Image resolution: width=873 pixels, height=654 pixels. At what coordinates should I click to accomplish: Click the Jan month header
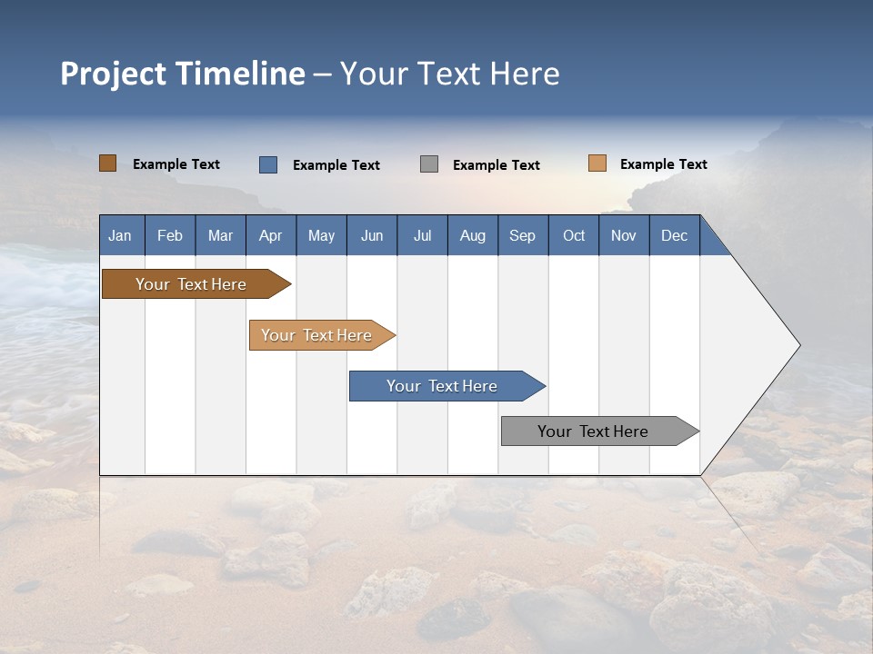pos(120,235)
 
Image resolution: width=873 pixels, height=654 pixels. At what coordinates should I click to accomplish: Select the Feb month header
pos(170,235)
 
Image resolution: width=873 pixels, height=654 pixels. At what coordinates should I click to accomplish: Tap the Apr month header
pos(270,235)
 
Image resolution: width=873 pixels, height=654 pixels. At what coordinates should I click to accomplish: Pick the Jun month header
pos(371,235)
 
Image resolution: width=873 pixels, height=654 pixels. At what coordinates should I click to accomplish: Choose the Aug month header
pos(472,235)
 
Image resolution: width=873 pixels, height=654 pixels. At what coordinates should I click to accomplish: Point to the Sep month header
pos(522,235)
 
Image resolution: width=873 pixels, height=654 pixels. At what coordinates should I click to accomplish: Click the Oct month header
pos(574,235)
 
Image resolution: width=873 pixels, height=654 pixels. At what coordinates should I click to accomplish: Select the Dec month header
pos(674,235)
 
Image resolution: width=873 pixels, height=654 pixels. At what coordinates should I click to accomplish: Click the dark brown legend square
pos(107,163)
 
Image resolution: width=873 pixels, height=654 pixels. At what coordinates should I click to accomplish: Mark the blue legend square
pos(267,164)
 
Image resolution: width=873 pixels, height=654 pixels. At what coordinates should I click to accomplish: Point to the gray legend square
pos(429,164)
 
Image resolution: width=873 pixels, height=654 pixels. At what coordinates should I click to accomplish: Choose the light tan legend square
pos(597,163)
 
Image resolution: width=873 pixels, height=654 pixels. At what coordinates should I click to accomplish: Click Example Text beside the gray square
pos(497,165)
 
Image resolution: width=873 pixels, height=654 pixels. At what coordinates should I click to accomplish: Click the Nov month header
pos(624,235)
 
